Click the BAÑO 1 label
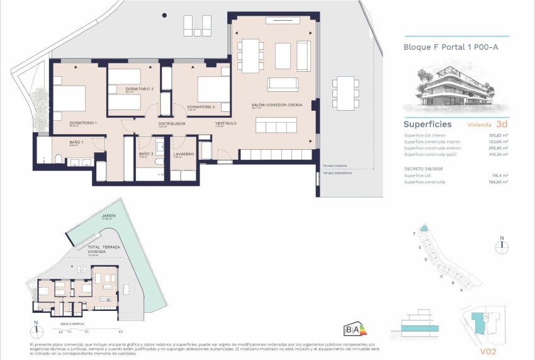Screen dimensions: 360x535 (x=76, y=142)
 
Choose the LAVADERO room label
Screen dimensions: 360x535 (x=184, y=154)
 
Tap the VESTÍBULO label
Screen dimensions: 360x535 (x=225, y=123)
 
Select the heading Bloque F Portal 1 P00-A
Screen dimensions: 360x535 (x=447, y=47)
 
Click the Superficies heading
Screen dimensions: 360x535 (x=427, y=124)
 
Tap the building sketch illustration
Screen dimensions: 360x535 (x=447, y=85)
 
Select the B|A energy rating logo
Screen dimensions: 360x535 (x=352, y=329)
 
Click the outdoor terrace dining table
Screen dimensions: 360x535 (x=344, y=92)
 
